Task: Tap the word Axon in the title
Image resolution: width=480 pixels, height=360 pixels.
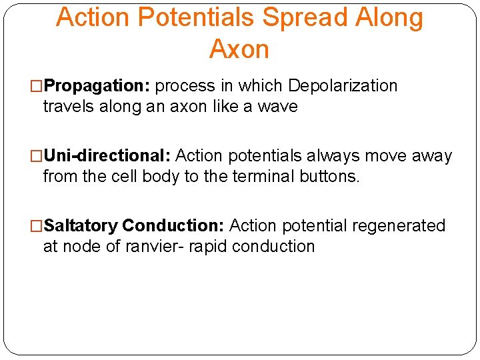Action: point(239,49)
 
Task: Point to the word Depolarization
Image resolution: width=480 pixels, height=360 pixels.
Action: point(343,87)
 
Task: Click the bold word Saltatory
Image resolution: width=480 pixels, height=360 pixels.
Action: point(81,227)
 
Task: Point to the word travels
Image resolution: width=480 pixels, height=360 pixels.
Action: point(68,107)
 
